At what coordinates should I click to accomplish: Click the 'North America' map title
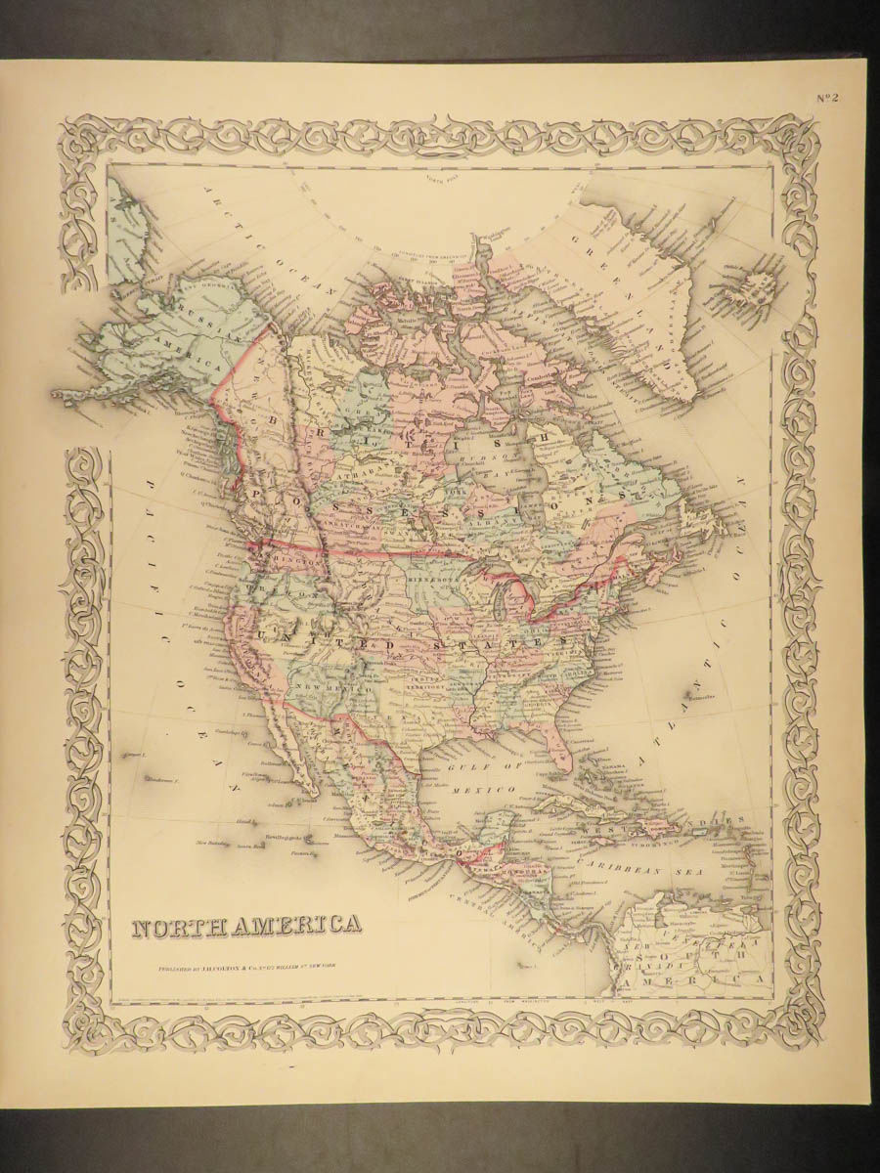click(x=244, y=925)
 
